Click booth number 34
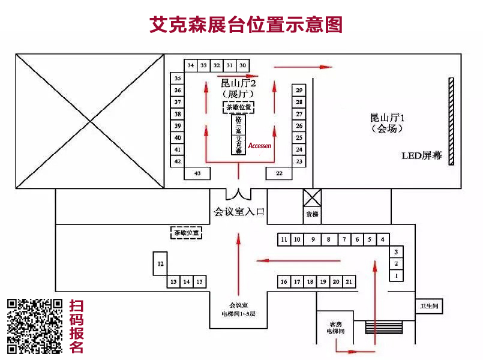(x=191, y=65)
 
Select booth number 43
(x=197, y=173)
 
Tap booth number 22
(x=279, y=173)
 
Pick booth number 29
(x=299, y=90)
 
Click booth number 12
(x=160, y=263)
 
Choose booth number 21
(x=349, y=281)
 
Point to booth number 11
(x=284, y=239)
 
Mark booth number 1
(x=396, y=275)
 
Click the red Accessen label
(x=260, y=145)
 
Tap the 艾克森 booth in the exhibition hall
(x=238, y=145)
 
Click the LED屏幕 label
(x=421, y=156)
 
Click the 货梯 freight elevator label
(x=312, y=214)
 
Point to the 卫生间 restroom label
(x=429, y=306)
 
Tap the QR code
(x=35, y=326)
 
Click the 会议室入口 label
(x=239, y=211)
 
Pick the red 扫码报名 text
(x=77, y=326)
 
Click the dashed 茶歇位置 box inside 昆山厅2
(x=238, y=107)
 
